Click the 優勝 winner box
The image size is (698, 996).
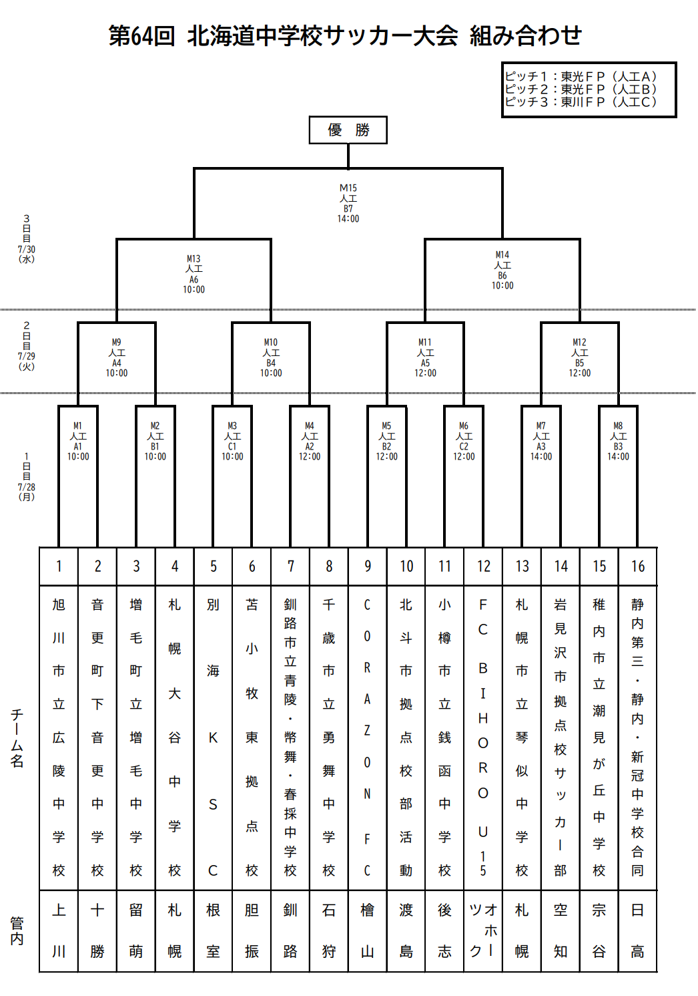point(348,130)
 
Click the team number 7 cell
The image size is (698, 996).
point(290,566)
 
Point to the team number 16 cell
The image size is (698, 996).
point(637,566)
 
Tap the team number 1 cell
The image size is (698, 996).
point(59,566)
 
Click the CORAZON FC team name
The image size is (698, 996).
point(367,737)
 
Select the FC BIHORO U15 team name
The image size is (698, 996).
point(483,737)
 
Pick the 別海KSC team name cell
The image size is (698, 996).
point(213,737)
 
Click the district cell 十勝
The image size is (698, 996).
point(97,931)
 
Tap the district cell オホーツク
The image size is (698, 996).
point(483,931)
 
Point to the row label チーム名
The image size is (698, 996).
point(17,738)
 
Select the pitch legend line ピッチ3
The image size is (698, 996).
point(581,102)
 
